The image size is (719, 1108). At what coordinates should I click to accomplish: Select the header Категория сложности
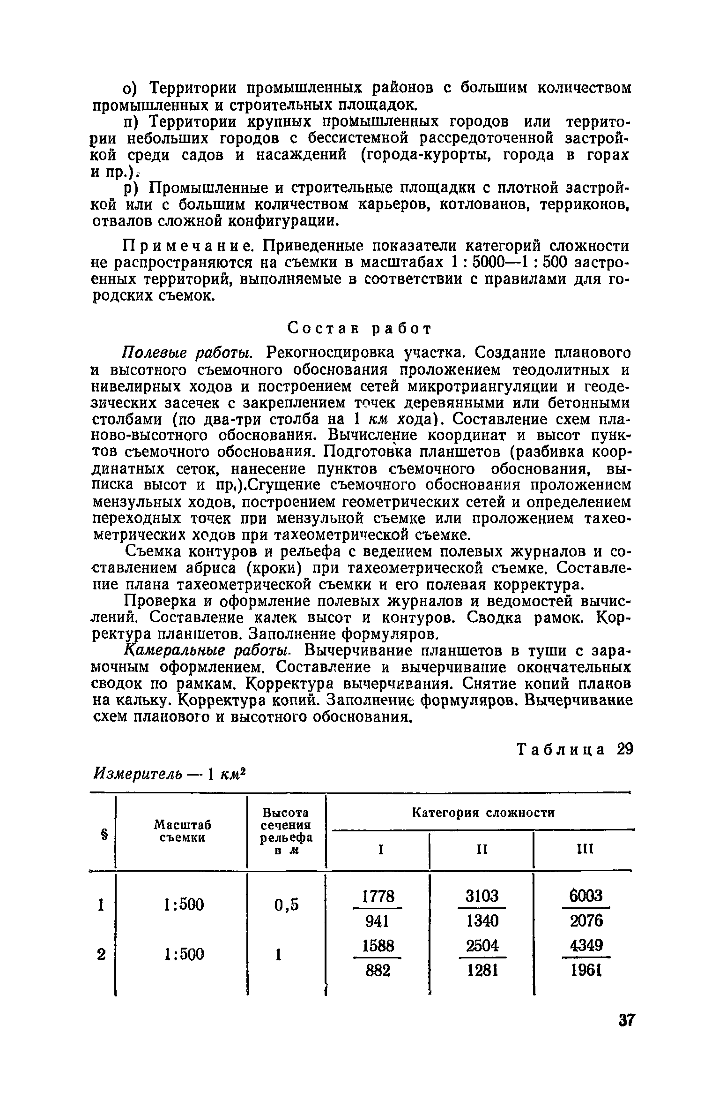point(483,813)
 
